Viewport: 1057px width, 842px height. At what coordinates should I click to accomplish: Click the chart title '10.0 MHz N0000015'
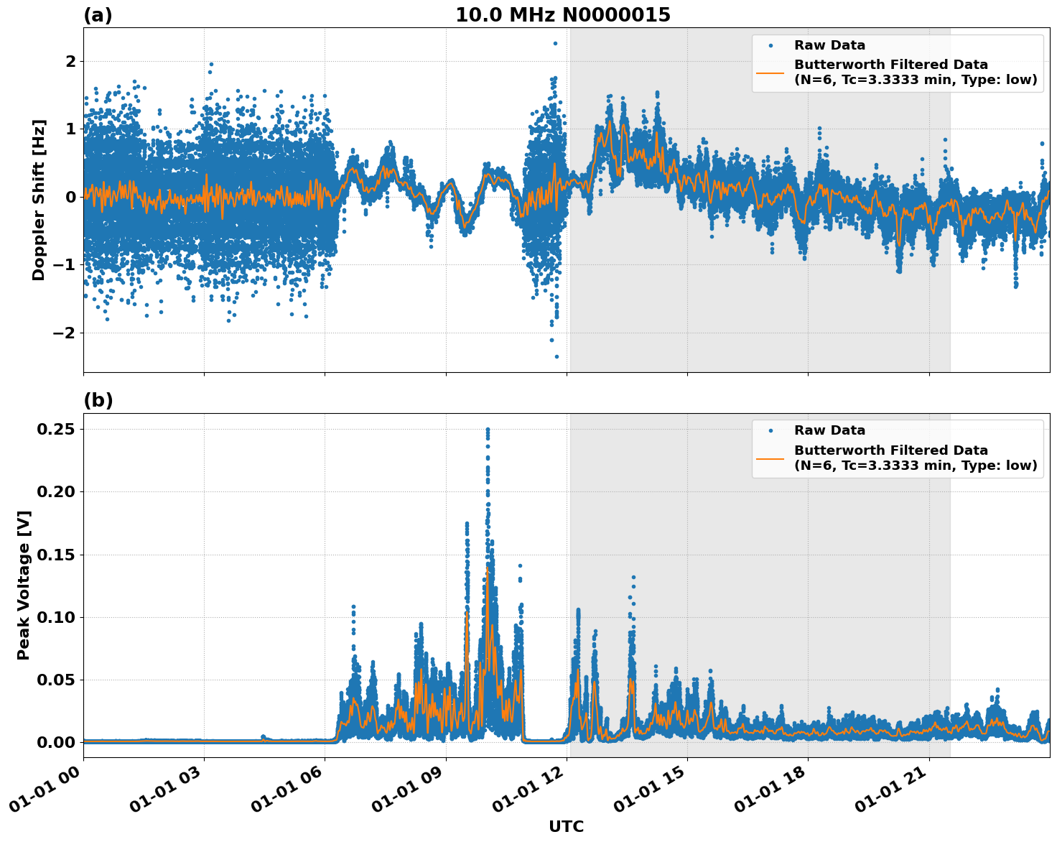pyautogui.click(x=562, y=15)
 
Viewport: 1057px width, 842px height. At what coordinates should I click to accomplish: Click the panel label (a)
pyautogui.click(x=98, y=15)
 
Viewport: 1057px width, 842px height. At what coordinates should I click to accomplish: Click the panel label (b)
pyautogui.click(x=98, y=400)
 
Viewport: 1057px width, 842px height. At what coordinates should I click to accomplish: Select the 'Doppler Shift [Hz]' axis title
pyautogui.click(x=39, y=200)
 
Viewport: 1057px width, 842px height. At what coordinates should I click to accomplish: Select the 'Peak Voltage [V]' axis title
pyautogui.click(x=24, y=585)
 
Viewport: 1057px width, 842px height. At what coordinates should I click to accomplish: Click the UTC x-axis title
pyautogui.click(x=566, y=826)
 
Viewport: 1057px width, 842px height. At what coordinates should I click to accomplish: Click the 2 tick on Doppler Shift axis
pyautogui.click(x=70, y=61)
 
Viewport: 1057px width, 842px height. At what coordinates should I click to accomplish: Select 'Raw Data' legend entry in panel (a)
pyautogui.click(x=829, y=45)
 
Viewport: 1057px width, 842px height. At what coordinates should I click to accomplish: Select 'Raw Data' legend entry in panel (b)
pyautogui.click(x=829, y=430)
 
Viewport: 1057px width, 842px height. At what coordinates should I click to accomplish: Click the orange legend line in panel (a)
pyautogui.click(x=770, y=72)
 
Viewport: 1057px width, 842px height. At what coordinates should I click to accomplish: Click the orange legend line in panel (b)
pyautogui.click(x=770, y=458)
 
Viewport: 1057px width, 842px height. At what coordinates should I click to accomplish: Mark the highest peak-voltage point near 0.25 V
pyautogui.click(x=488, y=429)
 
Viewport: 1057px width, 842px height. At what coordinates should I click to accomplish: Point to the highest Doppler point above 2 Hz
pyautogui.click(x=555, y=43)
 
